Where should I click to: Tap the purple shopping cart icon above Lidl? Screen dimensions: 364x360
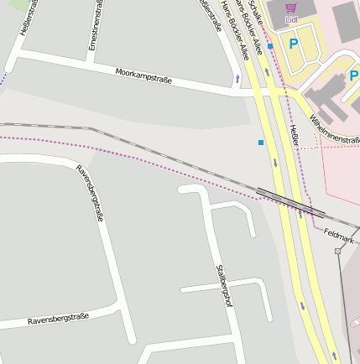click(x=291, y=6)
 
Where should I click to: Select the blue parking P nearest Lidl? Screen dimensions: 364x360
click(x=293, y=43)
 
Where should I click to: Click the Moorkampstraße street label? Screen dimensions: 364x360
click(x=143, y=75)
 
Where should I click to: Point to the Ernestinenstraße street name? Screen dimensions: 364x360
click(x=92, y=25)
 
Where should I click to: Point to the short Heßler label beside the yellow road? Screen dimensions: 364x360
click(x=294, y=135)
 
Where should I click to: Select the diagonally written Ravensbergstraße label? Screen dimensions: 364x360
click(x=90, y=192)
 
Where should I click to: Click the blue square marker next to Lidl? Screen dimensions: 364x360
click(x=270, y=46)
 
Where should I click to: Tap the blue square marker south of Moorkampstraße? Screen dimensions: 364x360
click(x=261, y=143)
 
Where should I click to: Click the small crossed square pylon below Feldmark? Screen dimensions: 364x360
click(x=337, y=250)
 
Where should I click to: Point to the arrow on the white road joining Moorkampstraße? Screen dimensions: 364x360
click(x=237, y=79)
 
